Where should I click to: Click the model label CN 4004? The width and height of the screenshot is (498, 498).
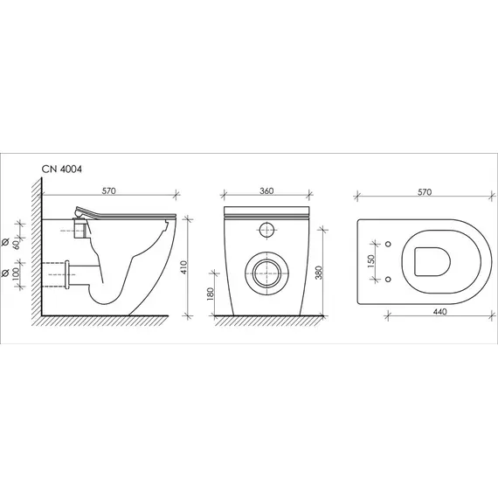[62, 169]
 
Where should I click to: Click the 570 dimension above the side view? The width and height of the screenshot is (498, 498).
[108, 191]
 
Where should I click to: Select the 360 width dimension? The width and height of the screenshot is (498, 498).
[266, 191]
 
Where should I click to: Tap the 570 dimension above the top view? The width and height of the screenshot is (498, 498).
[425, 192]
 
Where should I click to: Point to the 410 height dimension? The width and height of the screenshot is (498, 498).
[185, 267]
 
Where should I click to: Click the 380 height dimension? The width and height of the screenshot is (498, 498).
[320, 273]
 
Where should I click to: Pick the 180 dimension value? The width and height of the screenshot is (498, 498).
[211, 294]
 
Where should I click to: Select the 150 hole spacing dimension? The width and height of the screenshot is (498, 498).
[371, 261]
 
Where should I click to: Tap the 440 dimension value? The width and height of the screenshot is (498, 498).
[439, 312]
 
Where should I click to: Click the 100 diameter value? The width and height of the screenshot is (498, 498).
[16, 273]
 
